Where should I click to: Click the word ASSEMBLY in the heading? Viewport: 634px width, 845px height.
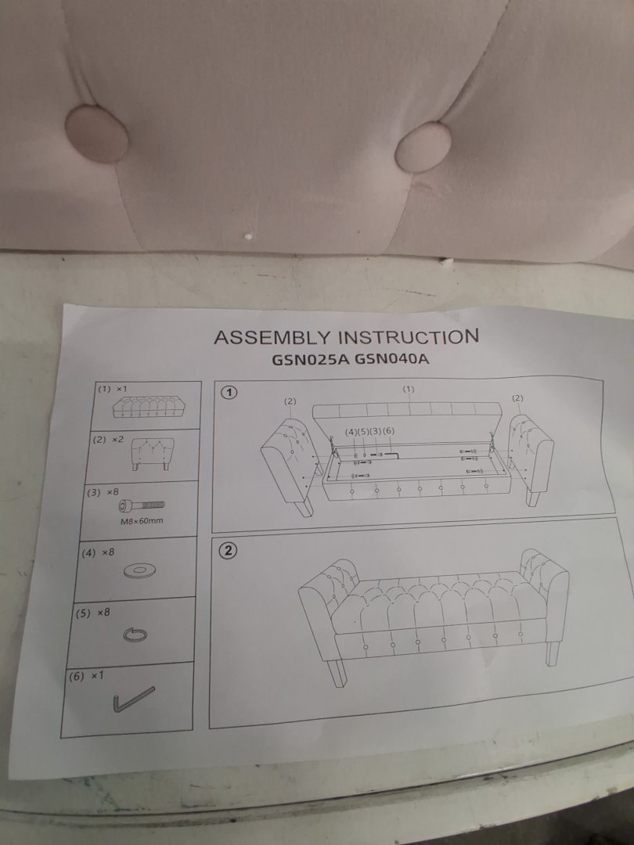tap(272, 337)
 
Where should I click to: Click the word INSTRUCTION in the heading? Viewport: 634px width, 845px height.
tap(408, 336)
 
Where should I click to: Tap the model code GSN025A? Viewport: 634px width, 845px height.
tap(311, 359)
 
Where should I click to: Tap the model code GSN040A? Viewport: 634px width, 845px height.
tap(392, 359)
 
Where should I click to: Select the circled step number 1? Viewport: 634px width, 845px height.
tap(230, 392)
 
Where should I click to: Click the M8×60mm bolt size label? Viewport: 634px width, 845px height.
tap(141, 521)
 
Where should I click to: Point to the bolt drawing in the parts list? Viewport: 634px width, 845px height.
tap(142, 505)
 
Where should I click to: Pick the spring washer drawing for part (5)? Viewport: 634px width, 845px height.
tap(135, 635)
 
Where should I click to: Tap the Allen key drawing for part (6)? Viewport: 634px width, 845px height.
tap(133, 699)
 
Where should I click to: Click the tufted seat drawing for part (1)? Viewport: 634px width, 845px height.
tap(146, 408)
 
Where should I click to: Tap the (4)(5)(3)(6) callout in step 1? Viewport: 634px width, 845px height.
tap(369, 432)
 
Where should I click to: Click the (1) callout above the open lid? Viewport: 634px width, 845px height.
tap(408, 389)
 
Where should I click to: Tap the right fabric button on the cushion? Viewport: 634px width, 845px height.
tap(423, 146)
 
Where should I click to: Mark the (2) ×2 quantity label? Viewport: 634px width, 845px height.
tap(109, 440)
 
